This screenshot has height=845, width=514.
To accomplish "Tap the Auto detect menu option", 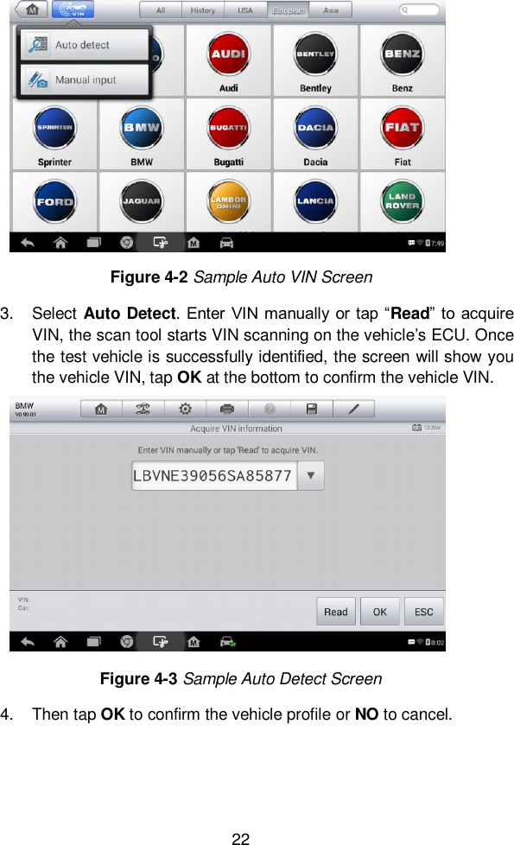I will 83,45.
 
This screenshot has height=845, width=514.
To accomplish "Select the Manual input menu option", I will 85,80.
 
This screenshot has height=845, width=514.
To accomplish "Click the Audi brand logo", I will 229,55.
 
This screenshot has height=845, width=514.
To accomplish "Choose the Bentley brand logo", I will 315,55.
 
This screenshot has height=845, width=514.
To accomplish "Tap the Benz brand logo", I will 402,55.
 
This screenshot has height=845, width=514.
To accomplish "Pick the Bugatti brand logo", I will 229,129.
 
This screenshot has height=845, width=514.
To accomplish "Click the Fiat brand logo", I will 402,129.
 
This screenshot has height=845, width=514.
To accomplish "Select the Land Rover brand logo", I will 402,201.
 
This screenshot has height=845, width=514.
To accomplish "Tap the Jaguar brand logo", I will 142,201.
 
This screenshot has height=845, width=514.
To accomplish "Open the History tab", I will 203,10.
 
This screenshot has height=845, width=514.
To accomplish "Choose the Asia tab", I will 330,10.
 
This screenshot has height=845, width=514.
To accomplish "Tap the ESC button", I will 423,612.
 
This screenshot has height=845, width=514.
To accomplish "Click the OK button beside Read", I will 379,612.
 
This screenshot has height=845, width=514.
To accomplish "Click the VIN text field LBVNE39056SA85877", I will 213,475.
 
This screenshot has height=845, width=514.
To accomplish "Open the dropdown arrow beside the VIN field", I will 311,475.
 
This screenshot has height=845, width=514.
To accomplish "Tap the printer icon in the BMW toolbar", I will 227,409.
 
